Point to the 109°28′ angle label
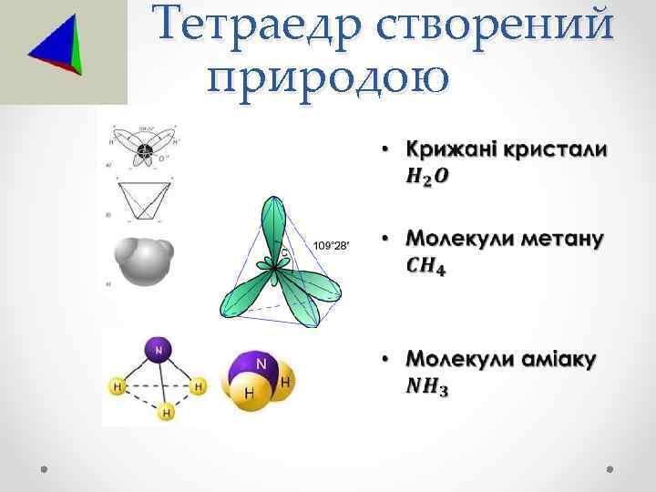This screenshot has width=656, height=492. (x=331, y=246)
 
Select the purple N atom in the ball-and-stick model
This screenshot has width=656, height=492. (x=159, y=348)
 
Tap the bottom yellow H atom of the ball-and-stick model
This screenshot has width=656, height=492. (x=166, y=413)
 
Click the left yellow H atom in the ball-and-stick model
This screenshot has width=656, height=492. (x=118, y=387)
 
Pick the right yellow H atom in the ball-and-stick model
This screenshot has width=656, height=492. (x=198, y=387)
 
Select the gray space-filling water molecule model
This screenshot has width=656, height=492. (x=144, y=257)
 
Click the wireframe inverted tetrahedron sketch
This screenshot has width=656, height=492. (x=144, y=200)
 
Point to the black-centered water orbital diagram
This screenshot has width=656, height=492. (x=143, y=149)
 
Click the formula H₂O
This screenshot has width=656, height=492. (x=426, y=175)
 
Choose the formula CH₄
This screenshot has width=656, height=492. (x=426, y=267)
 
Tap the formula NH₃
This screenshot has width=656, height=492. (x=427, y=387)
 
